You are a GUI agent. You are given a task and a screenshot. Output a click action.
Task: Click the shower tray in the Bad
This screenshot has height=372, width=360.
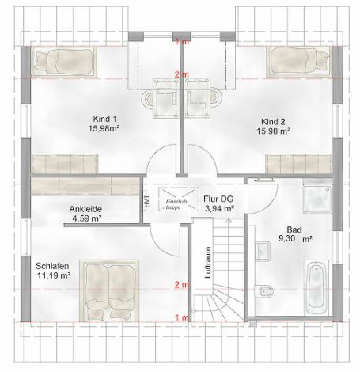pos(319,199)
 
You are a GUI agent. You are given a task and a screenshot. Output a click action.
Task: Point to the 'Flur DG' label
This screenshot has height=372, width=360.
pos(217,199)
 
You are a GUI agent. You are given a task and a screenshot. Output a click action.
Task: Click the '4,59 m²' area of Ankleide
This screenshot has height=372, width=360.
pos(86,218)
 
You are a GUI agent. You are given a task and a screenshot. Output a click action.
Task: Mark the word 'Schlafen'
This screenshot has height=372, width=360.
pos(52,265)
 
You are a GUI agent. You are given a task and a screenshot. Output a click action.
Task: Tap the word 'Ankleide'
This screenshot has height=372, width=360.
pos(86,209)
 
